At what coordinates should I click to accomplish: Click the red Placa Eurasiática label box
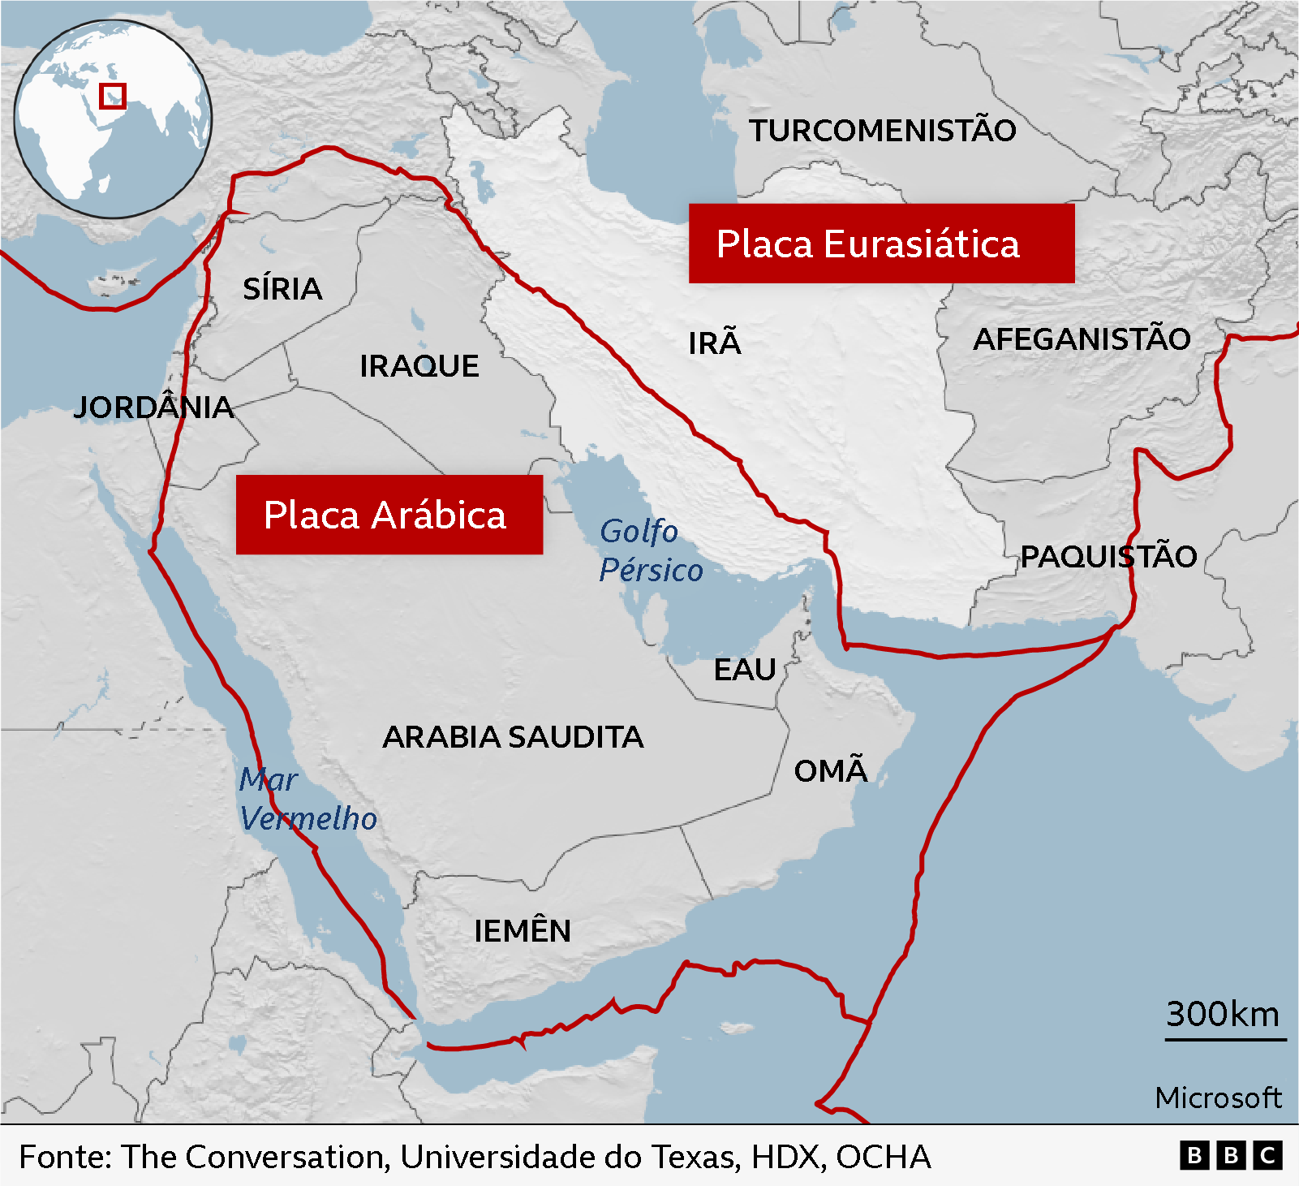click(x=881, y=244)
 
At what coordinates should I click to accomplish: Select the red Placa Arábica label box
click(x=389, y=515)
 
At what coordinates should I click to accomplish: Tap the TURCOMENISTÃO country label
click(x=882, y=131)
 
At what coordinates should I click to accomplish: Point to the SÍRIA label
click(x=282, y=289)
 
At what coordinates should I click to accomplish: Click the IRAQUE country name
click(x=419, y=366)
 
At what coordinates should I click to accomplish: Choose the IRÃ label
click(x=714, y=343)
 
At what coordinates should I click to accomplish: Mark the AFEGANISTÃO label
click(x=1082, y=339)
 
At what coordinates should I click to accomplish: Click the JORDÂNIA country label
click(x=153, y=407)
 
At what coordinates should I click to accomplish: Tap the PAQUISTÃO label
click(x=1108, y=557)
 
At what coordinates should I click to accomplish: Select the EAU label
click(x=745, y=670)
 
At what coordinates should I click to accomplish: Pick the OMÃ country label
click(x=831, y=770)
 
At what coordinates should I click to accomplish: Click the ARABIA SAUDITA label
click(x=513, y=737)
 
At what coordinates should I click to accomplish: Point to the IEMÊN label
click(x=523, y=931)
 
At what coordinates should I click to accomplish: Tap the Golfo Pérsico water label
click(x=649, y=550)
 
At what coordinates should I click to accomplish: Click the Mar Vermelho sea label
click(x=308, y=799)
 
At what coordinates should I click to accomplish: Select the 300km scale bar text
click(x=1222, y=1014)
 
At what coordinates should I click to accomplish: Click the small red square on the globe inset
click(x=113, y=96)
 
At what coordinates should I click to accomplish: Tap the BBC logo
click(x=1231, y=1155)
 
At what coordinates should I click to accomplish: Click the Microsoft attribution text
click(x=1218, y=1098)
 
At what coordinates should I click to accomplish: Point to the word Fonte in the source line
click(x=65, y=1157)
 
